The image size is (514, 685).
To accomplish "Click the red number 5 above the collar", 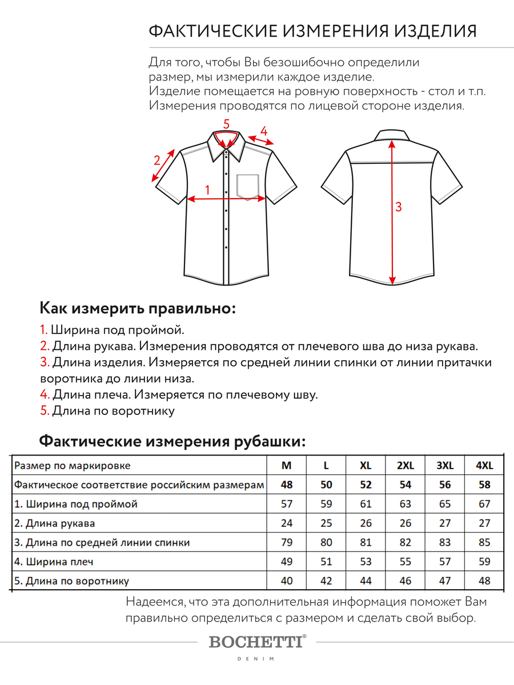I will point(226,123).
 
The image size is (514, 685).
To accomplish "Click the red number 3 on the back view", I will point(399,207).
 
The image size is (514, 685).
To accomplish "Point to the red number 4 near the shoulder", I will point(263,131).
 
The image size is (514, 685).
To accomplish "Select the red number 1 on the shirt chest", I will point(207,190).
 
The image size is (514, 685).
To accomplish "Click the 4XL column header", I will point(484,465).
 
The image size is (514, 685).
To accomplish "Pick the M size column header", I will point(287,465).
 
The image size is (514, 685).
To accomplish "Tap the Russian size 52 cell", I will point(366,485).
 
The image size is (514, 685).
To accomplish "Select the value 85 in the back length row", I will point(484,542).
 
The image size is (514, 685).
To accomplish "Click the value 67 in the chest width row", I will point(484,504).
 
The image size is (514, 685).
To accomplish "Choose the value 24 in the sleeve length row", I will point(287,523).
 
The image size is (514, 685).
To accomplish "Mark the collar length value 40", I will point(287,581).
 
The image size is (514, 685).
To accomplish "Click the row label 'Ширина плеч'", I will point(54,562).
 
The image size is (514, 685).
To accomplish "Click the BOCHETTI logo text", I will point(256,642).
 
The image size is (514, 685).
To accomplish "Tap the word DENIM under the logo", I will point(256,659).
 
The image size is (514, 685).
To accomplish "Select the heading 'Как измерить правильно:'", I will point(138,309).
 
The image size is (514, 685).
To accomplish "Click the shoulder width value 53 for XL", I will point(366,562).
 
